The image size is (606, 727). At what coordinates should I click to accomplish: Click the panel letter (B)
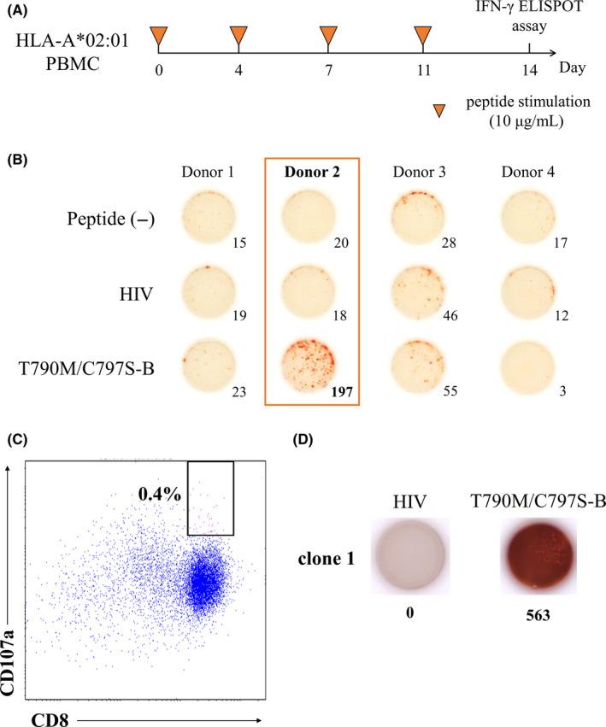(x=17, y=158)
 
